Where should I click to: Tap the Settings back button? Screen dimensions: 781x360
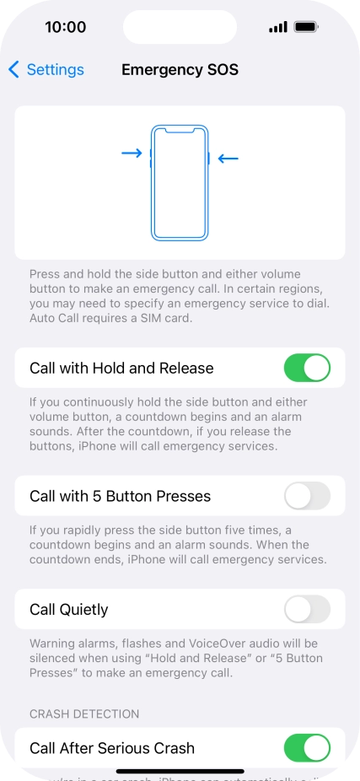click(46, 70)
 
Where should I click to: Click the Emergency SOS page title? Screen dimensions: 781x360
click(180, 70)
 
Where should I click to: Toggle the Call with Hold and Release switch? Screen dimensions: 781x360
click(307, 368)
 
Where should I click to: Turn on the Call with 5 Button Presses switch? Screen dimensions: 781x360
click(307, 496)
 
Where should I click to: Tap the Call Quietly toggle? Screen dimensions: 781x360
click(307, 609)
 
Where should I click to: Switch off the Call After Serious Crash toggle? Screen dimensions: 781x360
click(307, 748)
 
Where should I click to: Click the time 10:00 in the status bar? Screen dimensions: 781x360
click(65, 27)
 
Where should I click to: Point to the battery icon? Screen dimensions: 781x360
click(306, 27)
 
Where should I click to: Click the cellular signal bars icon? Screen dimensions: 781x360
click(278, 28)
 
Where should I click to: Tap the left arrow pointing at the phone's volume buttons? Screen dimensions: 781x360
click(132, 154)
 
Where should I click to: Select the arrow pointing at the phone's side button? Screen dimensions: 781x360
click(228, 158)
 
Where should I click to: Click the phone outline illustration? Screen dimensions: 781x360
click(180, 182)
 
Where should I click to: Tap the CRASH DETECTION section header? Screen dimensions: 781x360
click(84, 714)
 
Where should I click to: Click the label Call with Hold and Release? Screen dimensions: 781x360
click(121, 368)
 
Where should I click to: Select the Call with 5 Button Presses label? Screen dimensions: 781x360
click(120, 496)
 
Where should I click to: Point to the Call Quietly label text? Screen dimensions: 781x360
click(69, 609)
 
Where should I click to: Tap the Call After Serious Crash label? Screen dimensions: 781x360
click(112, 748)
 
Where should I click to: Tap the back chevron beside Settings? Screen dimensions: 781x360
click(13, 70)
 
